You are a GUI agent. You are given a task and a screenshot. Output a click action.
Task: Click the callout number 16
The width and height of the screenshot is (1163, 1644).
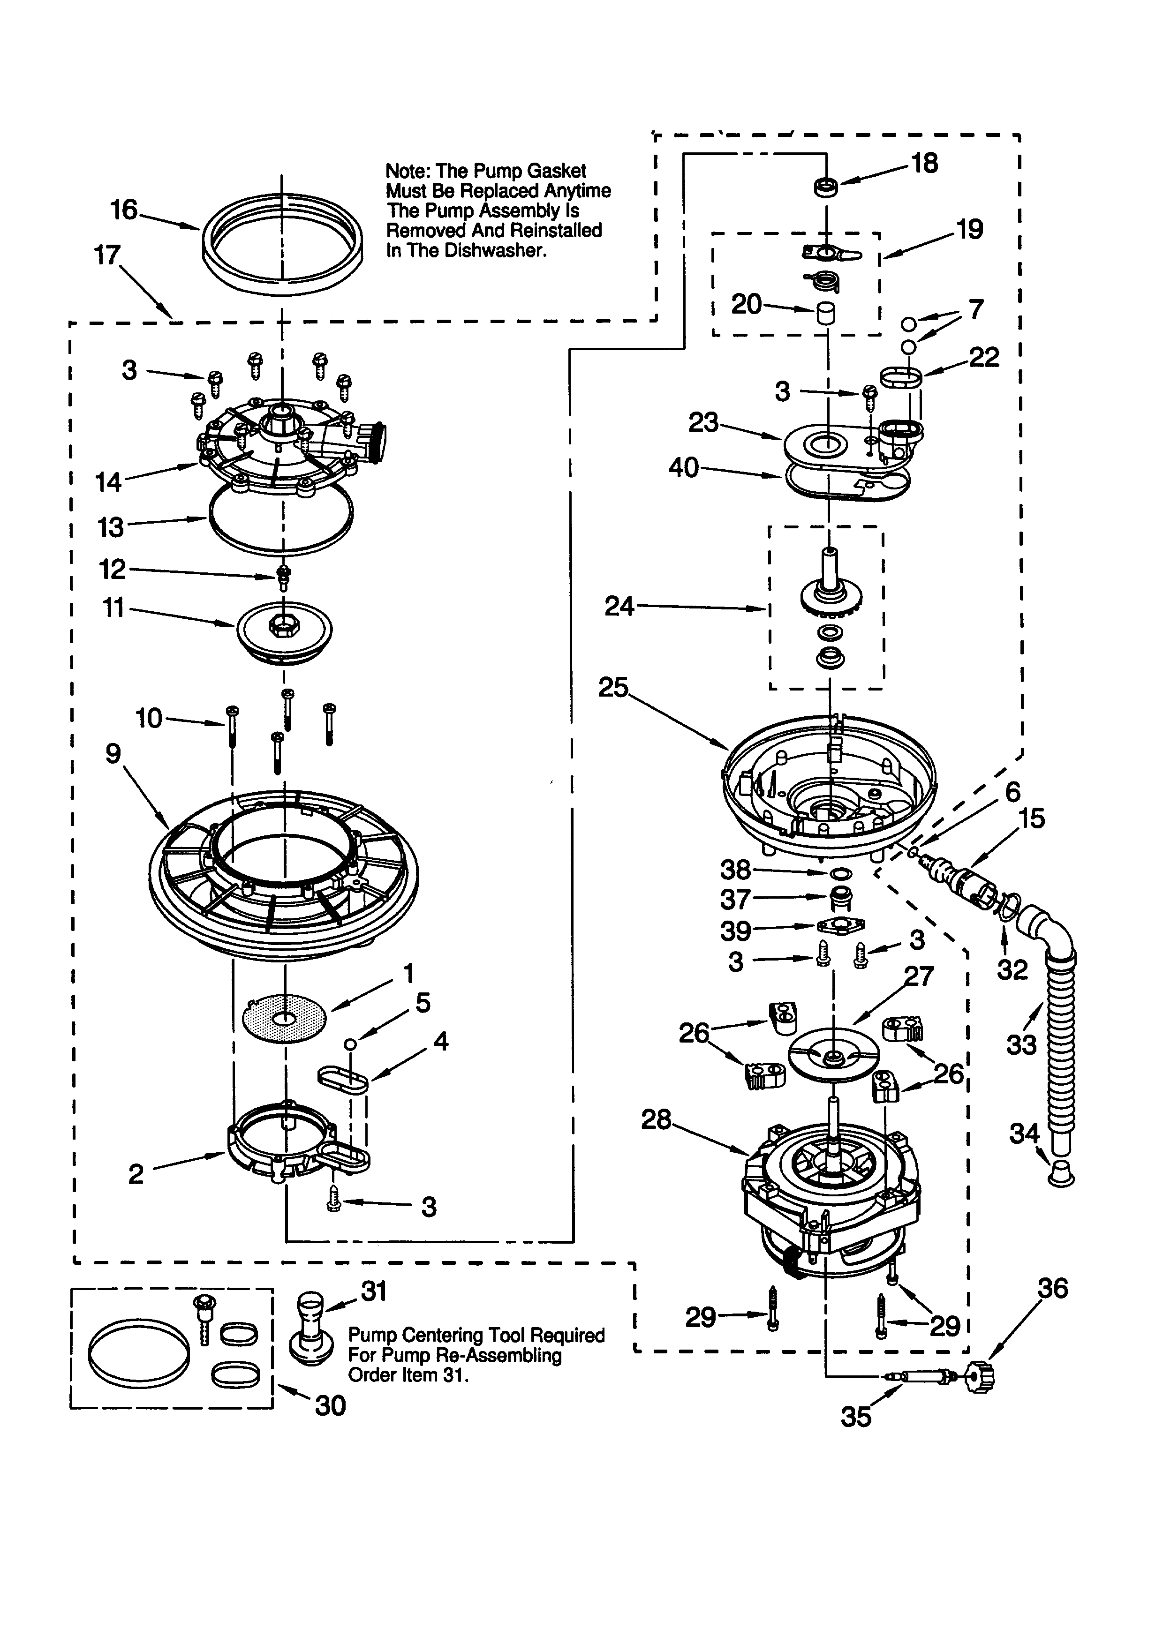point(123,210)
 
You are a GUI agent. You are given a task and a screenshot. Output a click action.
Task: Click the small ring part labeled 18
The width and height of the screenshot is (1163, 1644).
point(826,188)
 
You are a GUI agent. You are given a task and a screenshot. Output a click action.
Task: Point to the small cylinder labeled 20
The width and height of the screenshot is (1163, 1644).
point(826,314)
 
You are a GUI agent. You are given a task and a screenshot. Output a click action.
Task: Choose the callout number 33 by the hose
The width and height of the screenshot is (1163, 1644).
point(1021,1045)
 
